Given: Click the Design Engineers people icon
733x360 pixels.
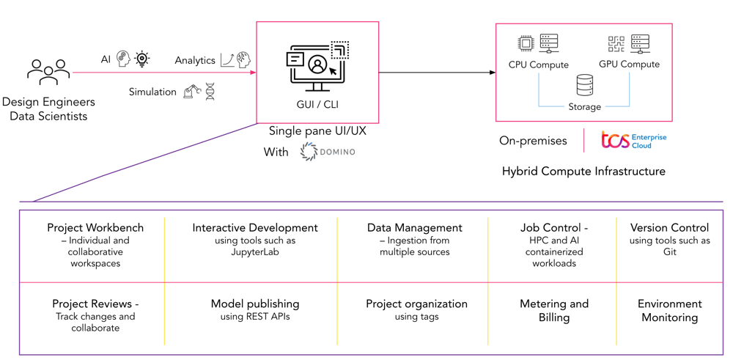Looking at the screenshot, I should pos(48,73).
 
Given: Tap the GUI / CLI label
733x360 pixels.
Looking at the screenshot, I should pos(317,105).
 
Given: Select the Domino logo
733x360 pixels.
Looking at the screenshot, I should pos(328,152).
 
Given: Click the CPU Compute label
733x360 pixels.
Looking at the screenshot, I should pos(539,65).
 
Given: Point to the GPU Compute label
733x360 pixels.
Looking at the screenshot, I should pos(629,64).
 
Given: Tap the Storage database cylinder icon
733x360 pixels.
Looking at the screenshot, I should pos(584,85).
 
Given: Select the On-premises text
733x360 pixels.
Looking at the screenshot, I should pos(533,141).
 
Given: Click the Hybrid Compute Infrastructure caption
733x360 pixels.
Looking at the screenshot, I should pos(583,171).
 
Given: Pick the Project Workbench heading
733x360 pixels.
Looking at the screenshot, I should pos(95,228).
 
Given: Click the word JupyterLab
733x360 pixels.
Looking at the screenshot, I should pos(255,252).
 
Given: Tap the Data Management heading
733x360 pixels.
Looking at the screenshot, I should pos(414,228).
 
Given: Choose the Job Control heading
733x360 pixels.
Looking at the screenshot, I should pos(553,228).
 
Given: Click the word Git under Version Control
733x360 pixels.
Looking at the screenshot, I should pos(670,252).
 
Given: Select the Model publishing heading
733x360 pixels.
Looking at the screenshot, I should pos(255,304).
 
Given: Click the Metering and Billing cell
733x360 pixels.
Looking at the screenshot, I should pos(554,310).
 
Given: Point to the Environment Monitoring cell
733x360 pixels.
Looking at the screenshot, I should pos(669,310).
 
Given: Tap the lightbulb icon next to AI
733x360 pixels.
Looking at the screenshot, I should pos(142,59).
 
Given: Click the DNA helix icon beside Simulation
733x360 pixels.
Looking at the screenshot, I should pos(210,92).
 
